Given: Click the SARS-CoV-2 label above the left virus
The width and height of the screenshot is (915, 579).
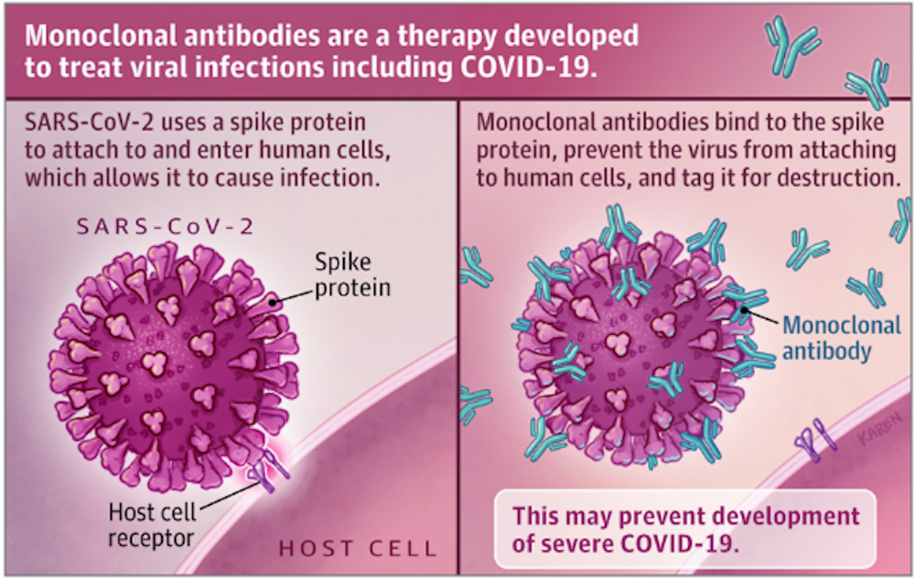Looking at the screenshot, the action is [x=165, y=227].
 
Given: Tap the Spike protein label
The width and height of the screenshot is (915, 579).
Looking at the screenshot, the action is [x=352, y=274].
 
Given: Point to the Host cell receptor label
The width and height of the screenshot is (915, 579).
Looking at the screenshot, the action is [x=152, y=525].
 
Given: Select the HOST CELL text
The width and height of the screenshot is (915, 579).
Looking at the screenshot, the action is [x=358, y=548].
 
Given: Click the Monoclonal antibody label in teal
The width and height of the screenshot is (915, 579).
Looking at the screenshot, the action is [x=841, y=338].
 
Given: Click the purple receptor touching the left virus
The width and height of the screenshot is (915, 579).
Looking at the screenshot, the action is [x=266, y=470].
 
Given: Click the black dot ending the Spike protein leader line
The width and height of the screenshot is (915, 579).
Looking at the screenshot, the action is [x=273, y=303].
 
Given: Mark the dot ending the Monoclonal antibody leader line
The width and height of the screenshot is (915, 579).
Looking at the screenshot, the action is [x=745, y=310].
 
